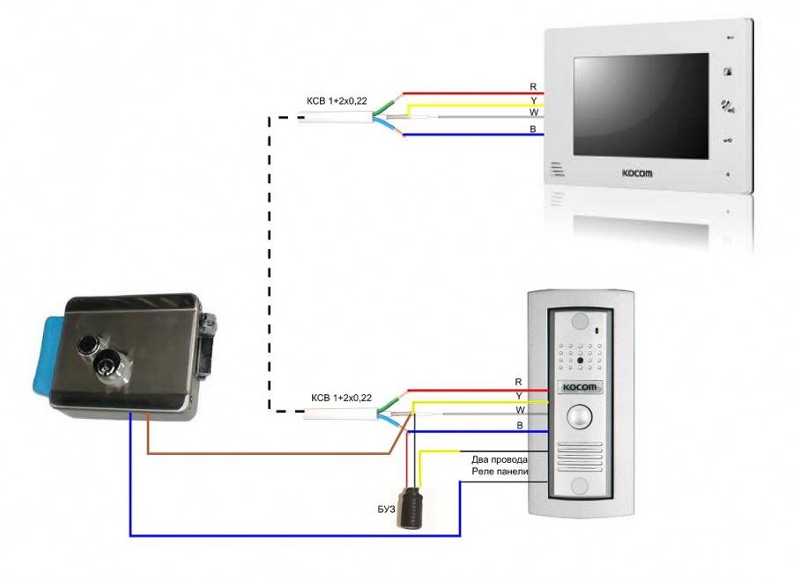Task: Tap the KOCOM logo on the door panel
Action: (578, 387)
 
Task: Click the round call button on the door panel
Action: (578, 414)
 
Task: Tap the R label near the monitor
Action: (532, 87)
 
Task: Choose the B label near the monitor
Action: (532, 129)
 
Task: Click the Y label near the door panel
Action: (519, 395)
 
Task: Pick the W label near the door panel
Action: (519, 409)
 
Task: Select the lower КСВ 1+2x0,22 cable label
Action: (341, 398)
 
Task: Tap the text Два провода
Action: (500, 459)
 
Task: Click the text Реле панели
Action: (500, 473)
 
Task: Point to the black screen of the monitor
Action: (641, 106)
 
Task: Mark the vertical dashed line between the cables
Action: (268, 264)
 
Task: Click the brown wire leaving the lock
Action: (264, 453)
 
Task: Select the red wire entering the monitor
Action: (476, 92)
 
